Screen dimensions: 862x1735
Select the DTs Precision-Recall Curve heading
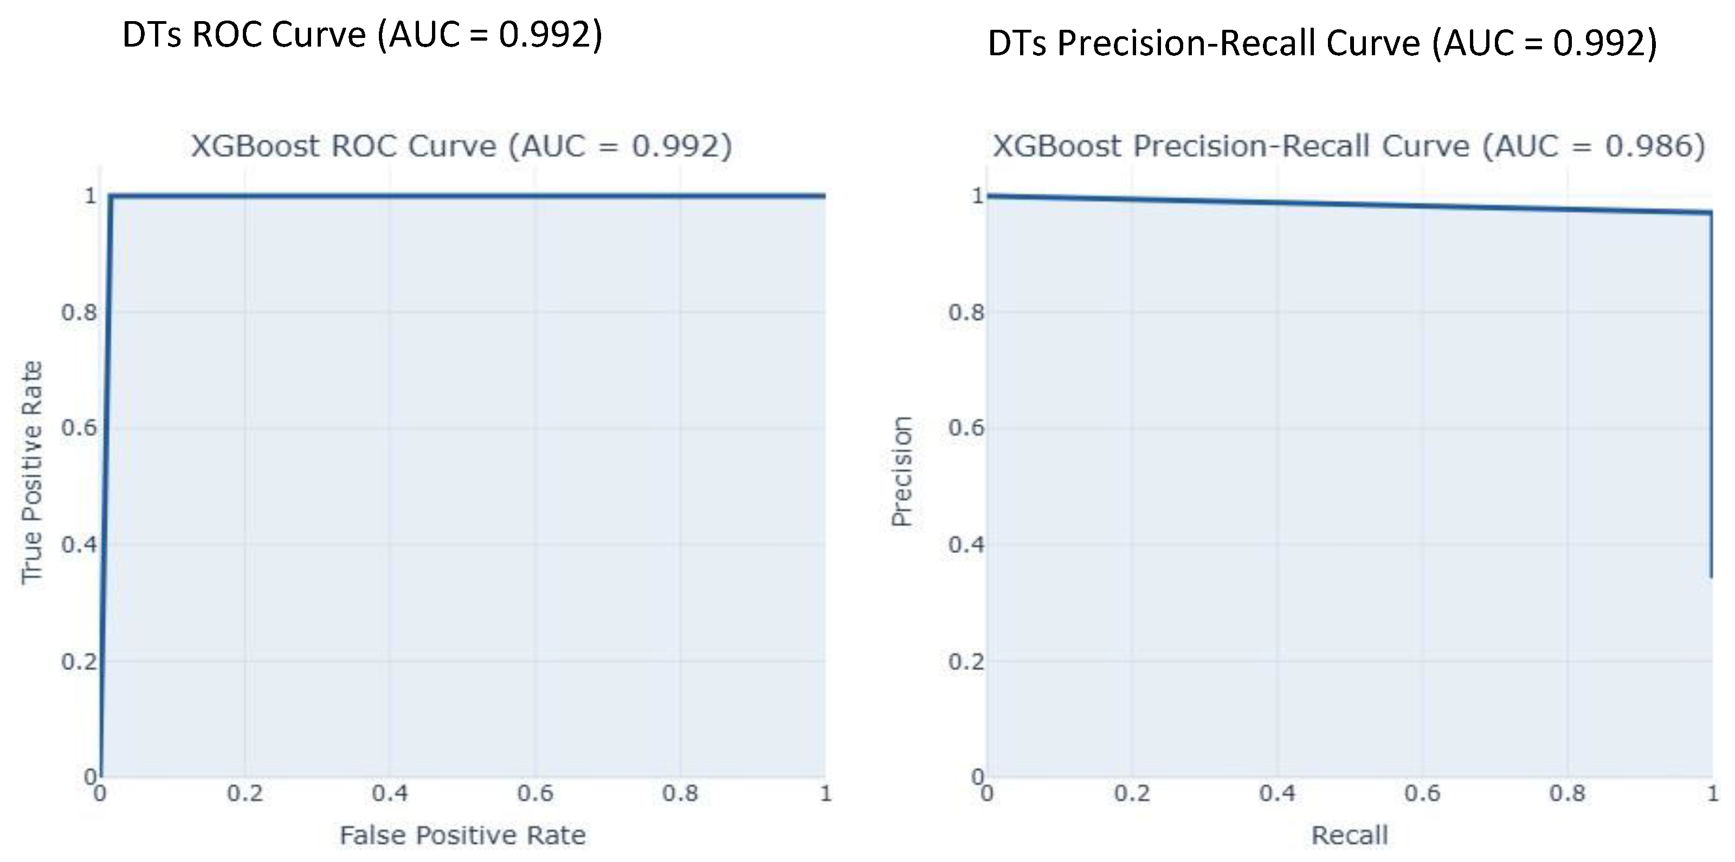point(1321,44)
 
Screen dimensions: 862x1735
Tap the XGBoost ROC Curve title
point(461,146)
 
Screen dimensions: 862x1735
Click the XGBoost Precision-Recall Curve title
point(1349,146)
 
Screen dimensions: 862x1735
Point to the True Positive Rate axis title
point(31,473)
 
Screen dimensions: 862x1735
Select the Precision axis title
point(901,471)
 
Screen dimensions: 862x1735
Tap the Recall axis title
point(1349,835)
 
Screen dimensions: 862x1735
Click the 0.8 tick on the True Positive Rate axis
point(79,313)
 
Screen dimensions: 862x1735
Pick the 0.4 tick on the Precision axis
point(966,544)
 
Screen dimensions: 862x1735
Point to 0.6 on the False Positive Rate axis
point(535,793)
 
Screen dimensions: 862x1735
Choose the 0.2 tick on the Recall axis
point(1132,793)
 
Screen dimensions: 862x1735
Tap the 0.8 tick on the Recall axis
point(1568,793)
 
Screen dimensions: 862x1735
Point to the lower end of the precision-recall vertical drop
point(1711,576)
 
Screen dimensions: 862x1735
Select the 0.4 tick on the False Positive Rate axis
point(390,793)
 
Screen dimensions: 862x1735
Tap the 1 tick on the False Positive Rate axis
point(825,793)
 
